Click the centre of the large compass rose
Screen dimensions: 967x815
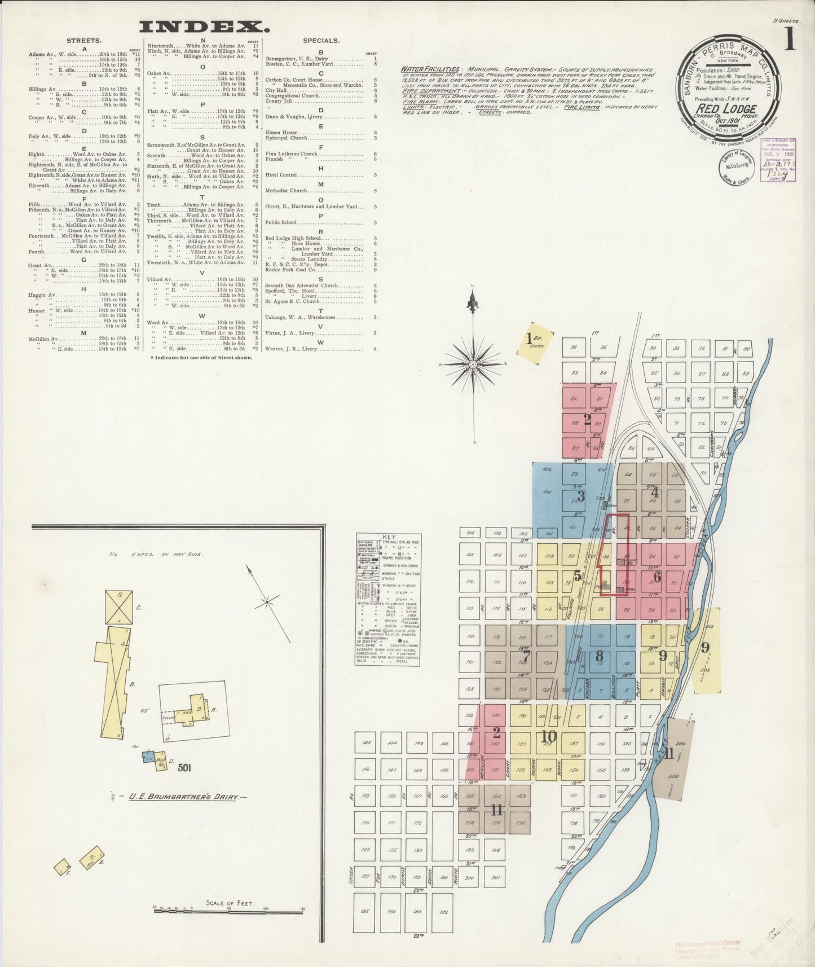coord(473,365)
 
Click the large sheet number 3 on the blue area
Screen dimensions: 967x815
coord(581,496)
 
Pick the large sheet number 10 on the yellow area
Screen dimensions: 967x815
coord(548,736)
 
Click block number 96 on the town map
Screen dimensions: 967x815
coord(574,347)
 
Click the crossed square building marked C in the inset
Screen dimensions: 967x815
coord(119,607)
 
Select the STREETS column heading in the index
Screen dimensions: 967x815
coord(84,41)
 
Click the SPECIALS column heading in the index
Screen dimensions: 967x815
coord(321,41)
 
